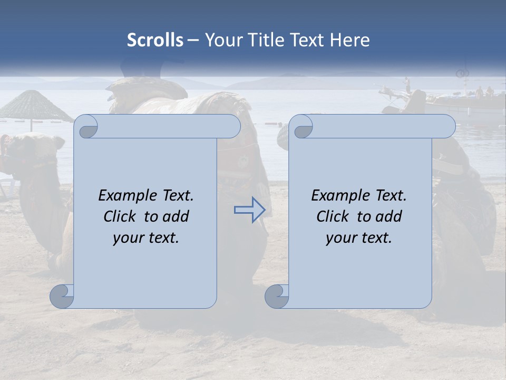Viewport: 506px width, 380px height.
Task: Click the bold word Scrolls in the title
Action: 155,40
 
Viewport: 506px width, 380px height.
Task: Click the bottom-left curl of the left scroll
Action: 62,296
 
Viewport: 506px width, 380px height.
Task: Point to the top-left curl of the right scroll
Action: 301,127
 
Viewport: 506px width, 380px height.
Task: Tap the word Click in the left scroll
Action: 120,216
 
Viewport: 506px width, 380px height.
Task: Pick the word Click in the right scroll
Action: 333,216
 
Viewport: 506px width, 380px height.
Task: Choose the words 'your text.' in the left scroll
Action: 146,238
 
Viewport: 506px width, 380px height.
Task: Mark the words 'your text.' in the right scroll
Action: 359,238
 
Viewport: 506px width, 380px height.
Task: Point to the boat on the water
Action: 459,100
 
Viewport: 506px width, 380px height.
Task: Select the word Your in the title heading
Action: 222,40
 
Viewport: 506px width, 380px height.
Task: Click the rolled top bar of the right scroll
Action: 379,126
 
